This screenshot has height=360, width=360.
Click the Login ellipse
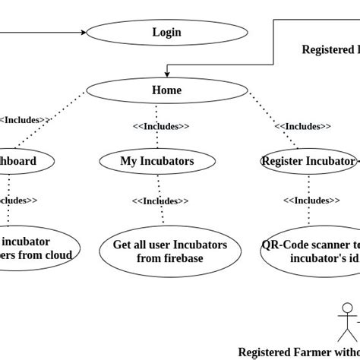pos(166,33)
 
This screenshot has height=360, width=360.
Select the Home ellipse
pos(166,90)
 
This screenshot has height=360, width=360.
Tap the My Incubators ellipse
pos(157,161)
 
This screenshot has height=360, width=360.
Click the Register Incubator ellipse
pos(308,161)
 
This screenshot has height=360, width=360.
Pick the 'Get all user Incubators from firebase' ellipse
pos(170,251)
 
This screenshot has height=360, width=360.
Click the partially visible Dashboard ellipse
pos(23,161)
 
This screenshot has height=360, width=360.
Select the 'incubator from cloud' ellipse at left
pos(34,248)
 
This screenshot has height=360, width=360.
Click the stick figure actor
pos(348,322)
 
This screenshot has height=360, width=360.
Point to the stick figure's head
pos(348,308)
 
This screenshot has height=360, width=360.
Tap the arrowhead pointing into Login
pos(83,33)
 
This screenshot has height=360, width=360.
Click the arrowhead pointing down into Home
pos(167,74)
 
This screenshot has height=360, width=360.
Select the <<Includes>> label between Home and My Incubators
pos(161,126)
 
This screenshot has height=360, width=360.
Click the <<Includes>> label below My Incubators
pos(160,201)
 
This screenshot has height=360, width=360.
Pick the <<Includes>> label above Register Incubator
pos(302,126)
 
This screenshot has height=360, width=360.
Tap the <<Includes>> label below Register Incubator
pos(311,201)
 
